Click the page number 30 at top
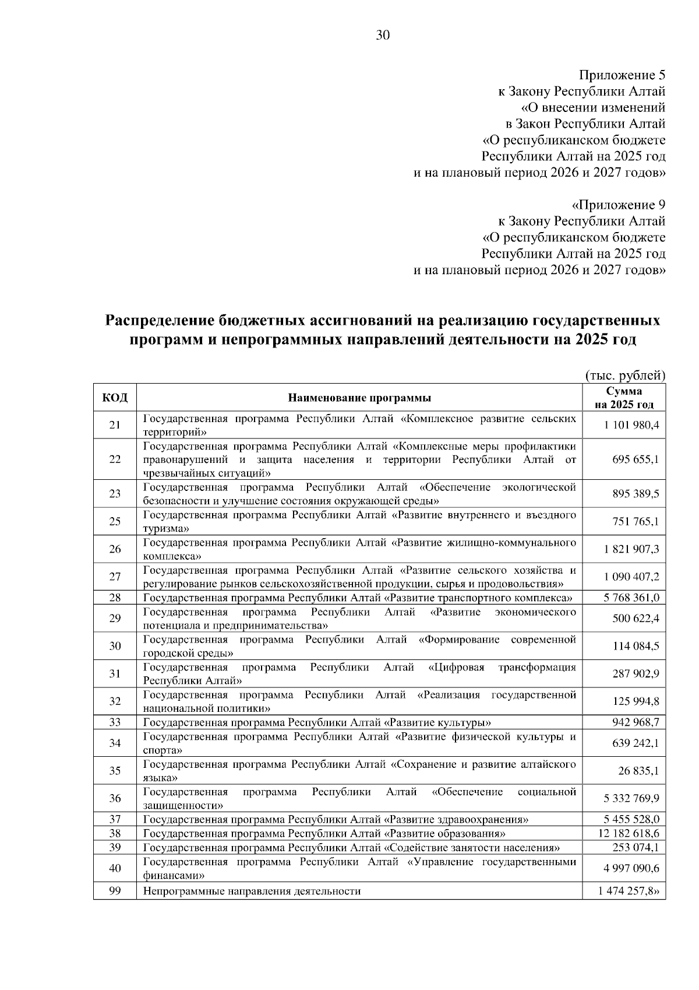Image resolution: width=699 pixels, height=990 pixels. pyautogui.click(x=383, y=35)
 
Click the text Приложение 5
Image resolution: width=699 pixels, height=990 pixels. pyautogui.click(x=622, y=75)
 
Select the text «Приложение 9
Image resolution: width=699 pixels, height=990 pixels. pyautogui.click(x=619, y=205)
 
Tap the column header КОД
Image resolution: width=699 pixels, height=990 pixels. pyautogui.click(x=115, y=398)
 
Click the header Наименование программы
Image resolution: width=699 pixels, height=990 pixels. pyautogui.click(x=359, y=398)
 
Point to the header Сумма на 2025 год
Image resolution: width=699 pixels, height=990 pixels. pyautogui.click(x=624, y=398)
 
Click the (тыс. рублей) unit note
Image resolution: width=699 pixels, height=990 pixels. pyautogui.click(x=624, y=376)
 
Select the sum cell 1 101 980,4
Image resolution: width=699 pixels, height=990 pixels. pyautogui.click(x=631, y=425)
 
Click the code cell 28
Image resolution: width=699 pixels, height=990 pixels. pyautogui.click(x=115, y=598)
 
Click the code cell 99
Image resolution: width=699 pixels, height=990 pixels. pyautogui.click(x=115, y=890)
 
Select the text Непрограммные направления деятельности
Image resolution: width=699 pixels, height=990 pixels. pyautogui.click(x=252, y=891)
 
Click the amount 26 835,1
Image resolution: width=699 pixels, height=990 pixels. pyautogui.click(x=638, y=771)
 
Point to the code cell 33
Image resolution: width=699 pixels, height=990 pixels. pyautogui.click(x=115, y=722)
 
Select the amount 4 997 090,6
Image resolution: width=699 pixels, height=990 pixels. pyautogui.click(x=631, y=868)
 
